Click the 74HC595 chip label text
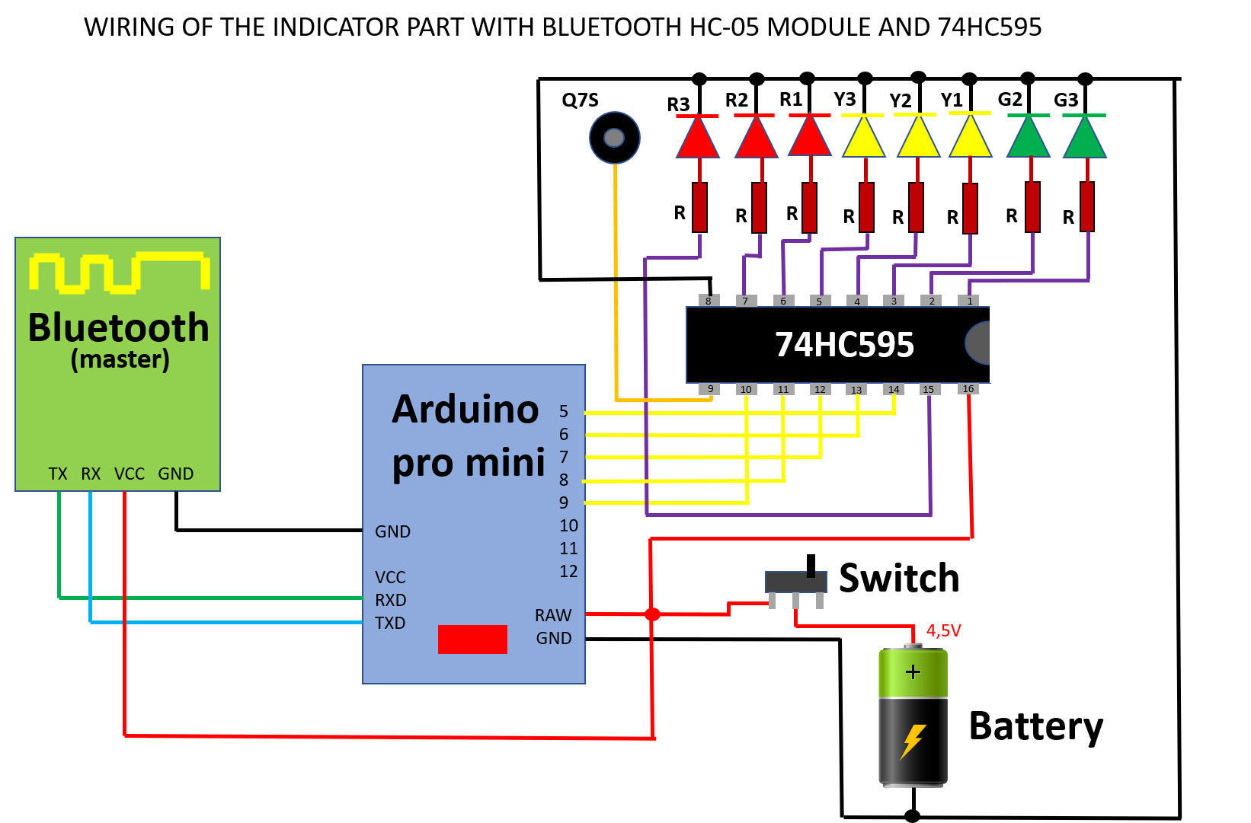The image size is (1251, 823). click(844, 345)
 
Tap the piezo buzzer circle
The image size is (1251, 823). click(614, 138)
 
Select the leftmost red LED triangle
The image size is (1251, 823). click(698, 139)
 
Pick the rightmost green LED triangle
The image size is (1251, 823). click(1085, 139)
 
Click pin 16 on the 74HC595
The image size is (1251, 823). click(968, 389)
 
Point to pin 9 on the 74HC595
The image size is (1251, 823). click(710, 389)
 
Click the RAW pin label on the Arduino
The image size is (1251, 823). click(552, 615)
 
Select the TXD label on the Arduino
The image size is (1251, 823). click(390, 623)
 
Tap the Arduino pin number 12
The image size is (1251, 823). click(568, 571)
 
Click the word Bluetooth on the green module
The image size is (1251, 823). click(118, 328)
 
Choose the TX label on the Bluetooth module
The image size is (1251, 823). click(58, 474)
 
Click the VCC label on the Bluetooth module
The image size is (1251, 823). click(130, 474)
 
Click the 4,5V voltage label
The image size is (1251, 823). click(943, 630)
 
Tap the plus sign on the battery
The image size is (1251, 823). click(913, 671)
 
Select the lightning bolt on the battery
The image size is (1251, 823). click(913, 741)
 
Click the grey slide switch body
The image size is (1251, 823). click(795, 582)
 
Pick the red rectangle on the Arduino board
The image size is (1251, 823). click(472, 640)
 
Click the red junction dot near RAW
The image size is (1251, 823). click(652, 614)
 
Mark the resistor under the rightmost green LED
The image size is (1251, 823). click(1087, 206)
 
